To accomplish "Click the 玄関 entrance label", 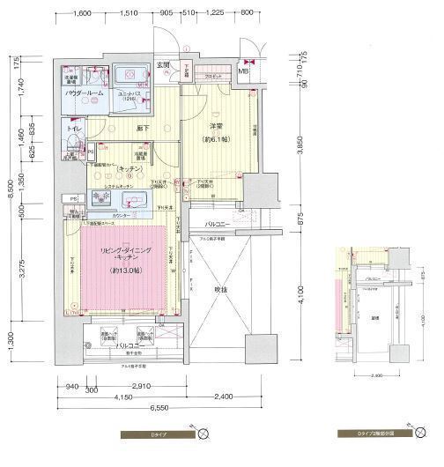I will [163, 65].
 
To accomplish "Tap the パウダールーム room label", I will [85, 93].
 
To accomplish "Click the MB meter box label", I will [242, 71].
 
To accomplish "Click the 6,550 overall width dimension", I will [159, 409].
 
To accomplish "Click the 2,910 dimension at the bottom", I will [134, 387].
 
